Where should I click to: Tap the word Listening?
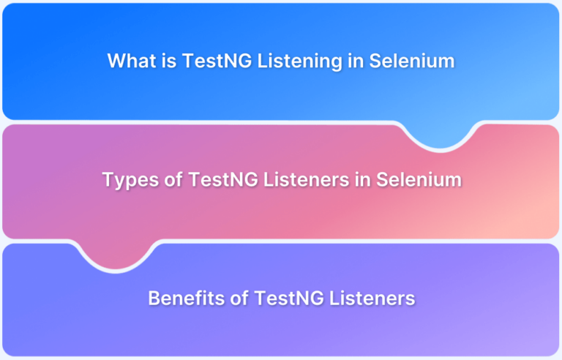pyautogui.click(x=299, y=61)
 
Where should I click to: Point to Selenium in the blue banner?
pyautogui.click(x=412, y=61)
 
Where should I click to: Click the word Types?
pyautogui.click(x=130, y=180)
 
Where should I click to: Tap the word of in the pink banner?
pyautogui.click(x=173, y=179)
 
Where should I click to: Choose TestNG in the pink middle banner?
pyautogui.click(x=223, y=179)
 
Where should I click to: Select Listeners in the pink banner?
pyautogui.click(x=307, y=179)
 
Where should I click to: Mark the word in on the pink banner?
pyautogui.click(x=363, y=180)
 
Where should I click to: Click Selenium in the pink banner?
pyautogui.click(x=419, y=179)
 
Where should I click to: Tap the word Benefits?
pyautogui.click(x=187, y=298)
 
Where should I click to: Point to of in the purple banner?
pyautogui.click(x=239, y=298)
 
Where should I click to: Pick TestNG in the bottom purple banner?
pyautogui.click(x=289, y=298)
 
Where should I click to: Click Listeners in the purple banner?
pyautogui.click(x=372, y=298)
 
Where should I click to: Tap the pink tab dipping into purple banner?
pyautogui.click(x=116, y=255)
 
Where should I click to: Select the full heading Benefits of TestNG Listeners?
pyautogui.click(x=282, y=298)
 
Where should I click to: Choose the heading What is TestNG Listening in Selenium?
pyautogui.click(x=281, y=61)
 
